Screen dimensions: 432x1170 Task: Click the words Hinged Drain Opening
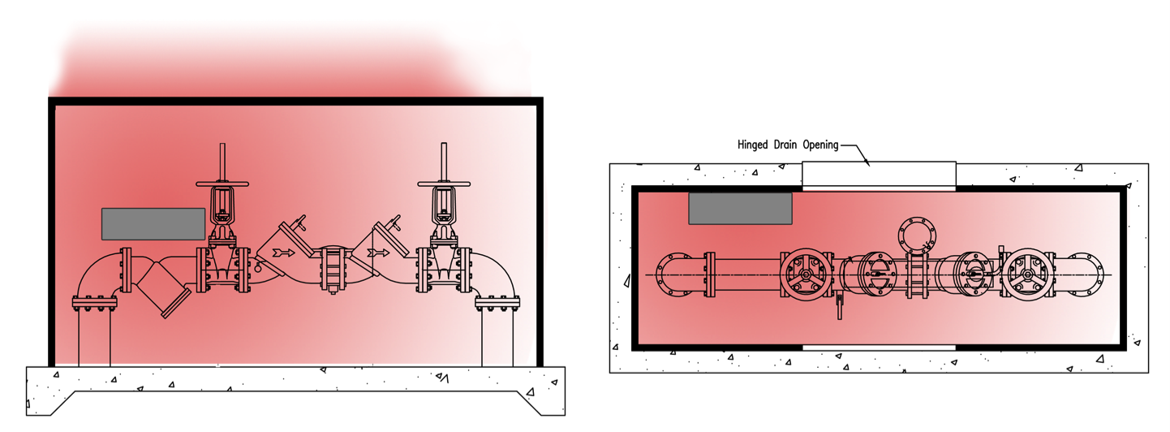coord(787,145)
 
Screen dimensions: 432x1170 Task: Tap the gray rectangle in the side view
coord(153,223)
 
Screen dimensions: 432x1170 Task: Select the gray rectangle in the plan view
coord(740,209)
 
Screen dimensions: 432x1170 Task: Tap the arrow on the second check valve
coord(377,253)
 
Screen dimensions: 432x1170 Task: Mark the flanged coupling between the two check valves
coord(332,269)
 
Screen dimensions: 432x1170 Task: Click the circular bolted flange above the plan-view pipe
coord(917,235)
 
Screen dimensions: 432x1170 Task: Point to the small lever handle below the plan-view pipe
coord(839,307)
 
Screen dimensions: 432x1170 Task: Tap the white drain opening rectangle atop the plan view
coord(879,173)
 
